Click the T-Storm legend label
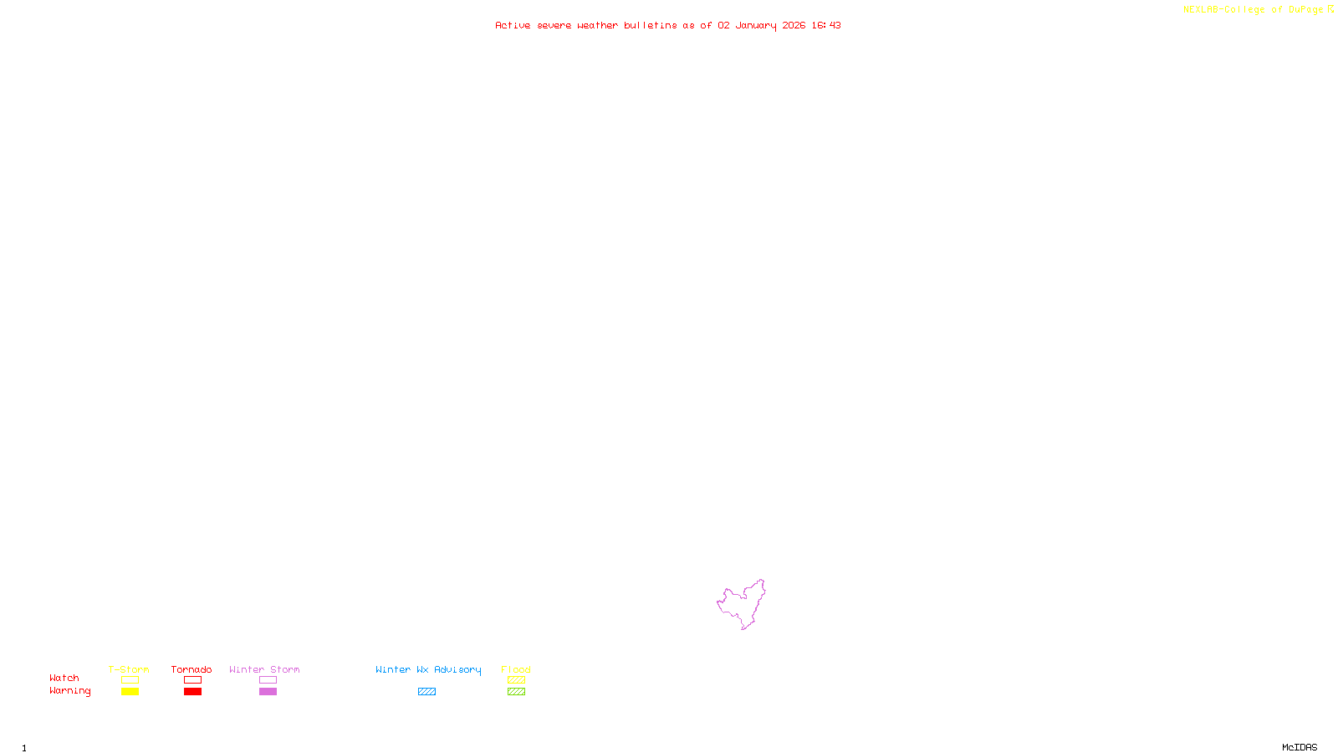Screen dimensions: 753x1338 (129, 669)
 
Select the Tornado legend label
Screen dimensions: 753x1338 (192, 669)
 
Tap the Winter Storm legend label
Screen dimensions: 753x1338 (264, 669)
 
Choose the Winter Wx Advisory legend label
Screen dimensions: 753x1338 (428, 669)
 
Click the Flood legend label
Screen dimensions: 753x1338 (516, 669)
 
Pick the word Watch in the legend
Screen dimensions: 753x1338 (64, 678)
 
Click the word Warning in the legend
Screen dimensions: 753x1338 (69, 691)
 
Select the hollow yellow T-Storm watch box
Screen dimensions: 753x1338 (130, 680)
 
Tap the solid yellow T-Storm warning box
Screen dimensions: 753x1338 (130, 692)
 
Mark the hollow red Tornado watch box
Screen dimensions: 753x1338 (192, 680)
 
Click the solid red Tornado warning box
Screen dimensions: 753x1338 (192, 692)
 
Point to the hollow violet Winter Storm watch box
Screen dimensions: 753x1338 (268, 680)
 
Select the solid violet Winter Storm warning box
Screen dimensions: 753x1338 (268, 692)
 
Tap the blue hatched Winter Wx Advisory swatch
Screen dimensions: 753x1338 (426, 692)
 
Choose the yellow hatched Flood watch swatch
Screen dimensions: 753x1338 (516, 680)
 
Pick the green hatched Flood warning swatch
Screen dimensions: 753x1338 (516, 692)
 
